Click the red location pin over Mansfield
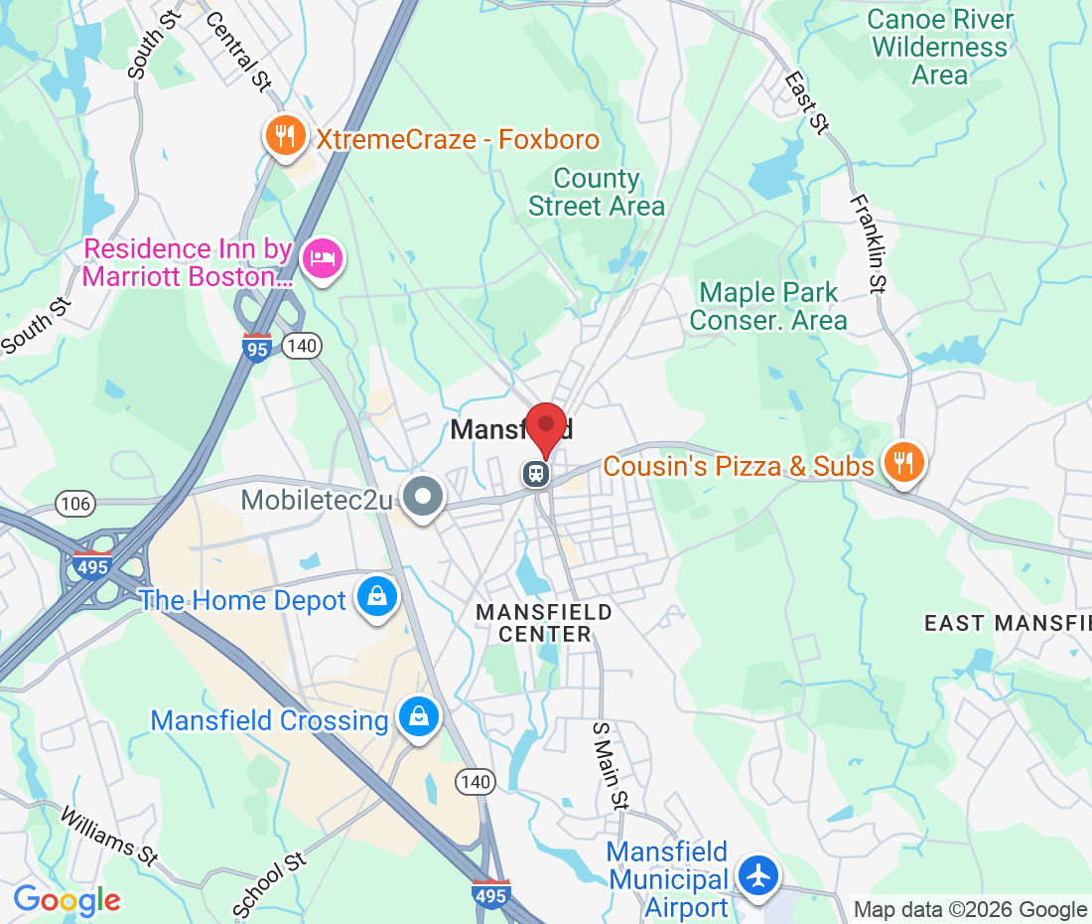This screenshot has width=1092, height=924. click(x=545, y=427)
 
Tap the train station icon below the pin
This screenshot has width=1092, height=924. click(x=537, y=474)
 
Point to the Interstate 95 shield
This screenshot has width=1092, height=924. click(x=257, y=347)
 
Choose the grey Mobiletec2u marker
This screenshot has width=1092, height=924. click(x=424, y=496)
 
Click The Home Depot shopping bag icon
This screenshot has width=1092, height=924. click(x=377, y=598)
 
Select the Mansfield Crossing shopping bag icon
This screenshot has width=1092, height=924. click(x=419, y=717)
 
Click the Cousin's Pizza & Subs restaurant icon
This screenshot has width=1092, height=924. click(x=902, y=464)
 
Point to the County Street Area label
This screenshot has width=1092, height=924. click(x=597, y=193)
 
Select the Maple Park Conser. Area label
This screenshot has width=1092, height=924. click(x=768, y=306)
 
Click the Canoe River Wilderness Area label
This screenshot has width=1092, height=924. click(x=940, y=47)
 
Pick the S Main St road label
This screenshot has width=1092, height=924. click(x=611, y=764)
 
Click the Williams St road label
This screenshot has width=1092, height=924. click(x=109, y=833)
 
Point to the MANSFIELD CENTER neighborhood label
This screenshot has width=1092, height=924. click(x=544, y=623)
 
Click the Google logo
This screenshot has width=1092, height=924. click(x=67, y=900)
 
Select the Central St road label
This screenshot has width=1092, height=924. click(x=238, y=52)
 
